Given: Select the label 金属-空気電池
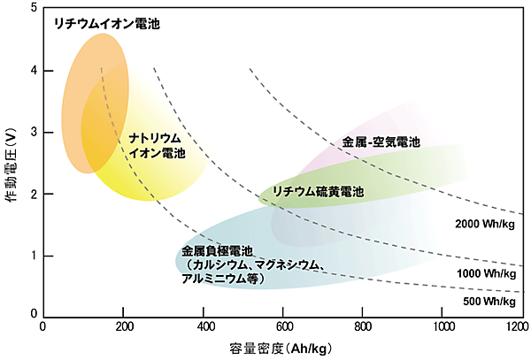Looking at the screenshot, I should point(380,142).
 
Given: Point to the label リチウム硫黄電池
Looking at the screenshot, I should point(317,192).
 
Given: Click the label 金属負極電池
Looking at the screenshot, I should point(217,250).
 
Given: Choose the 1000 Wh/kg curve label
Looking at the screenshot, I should point(485,275).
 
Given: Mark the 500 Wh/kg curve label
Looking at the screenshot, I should point(488,302).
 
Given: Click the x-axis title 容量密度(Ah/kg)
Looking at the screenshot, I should point(281,349).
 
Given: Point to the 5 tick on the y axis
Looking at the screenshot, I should point(33,9).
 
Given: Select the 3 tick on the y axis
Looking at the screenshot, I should point(33,133).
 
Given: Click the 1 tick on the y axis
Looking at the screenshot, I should point(33,256).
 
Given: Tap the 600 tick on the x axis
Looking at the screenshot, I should point(283,326).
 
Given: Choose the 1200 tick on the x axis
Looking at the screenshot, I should point(516,326).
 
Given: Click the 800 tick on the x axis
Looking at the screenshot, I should point(363,326).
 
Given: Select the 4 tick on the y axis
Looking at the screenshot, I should point(33,71).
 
